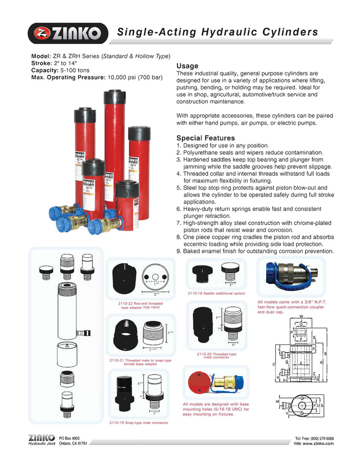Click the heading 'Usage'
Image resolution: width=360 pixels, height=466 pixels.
[x=187, y=66]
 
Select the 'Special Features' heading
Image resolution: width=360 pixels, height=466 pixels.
[x=205, y=138]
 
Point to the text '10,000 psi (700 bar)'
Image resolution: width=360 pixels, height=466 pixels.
[x=135, y=77]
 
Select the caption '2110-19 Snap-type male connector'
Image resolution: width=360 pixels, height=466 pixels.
[x=139, y=423]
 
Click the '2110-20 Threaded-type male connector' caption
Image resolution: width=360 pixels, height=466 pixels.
[x=216, y=356]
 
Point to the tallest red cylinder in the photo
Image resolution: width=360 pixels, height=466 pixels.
[x=114, y=141]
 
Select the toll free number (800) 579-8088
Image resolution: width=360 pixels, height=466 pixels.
[x=321, y=438]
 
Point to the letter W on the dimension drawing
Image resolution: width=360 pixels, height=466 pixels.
[x=302, y=317]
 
